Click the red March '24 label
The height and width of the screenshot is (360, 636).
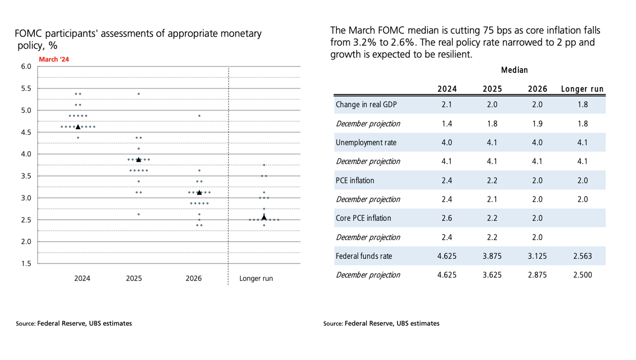click(x=54, y=59)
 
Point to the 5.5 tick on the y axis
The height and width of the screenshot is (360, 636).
click(x=25, y=89)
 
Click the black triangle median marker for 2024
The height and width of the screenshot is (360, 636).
click(x=78, y=127)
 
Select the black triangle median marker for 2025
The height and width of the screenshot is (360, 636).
click(x=139, y=160)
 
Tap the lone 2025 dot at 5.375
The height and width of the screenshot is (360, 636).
click(x=139, y=93)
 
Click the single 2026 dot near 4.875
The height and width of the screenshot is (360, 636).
click(x=199, y=115)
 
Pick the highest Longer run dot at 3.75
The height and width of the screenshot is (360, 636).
click(x=264, y=165)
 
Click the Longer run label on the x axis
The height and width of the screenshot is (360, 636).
click(x=256, y=278)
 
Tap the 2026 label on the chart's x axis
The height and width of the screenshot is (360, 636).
click(x=194, y=278)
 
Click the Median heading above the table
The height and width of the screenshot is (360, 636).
click(x=514, y=70)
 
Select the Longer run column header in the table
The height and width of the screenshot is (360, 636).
click(x=582, y=89)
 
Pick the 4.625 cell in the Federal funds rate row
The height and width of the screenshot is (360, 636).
click(x=447, y=256)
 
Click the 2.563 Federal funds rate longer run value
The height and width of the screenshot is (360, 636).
click(x=582, y=256)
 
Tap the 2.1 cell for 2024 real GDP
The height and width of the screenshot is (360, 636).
click(x=447, y=105)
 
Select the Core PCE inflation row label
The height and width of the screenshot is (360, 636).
click(x=363, y=218)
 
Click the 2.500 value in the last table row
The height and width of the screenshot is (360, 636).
click(x=582, y=275)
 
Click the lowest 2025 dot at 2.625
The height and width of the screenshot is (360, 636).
click(x=139, y=214)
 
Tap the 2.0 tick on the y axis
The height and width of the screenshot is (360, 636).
click(x=25, y=242)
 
